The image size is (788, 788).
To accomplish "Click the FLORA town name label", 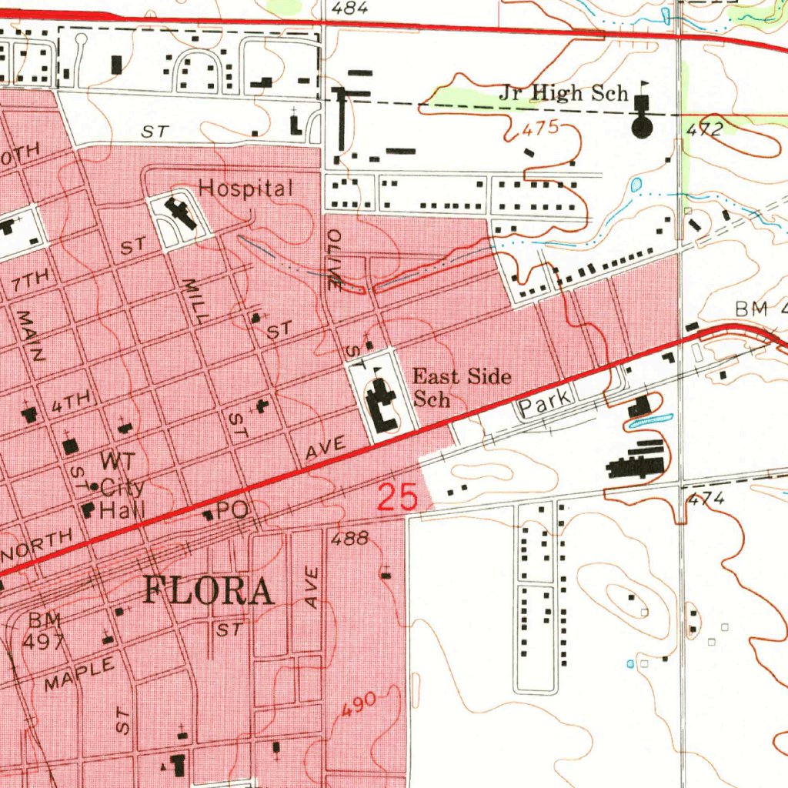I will point(209,592).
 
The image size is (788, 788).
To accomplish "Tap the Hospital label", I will point(245,189).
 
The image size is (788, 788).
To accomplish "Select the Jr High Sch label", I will point(563,94).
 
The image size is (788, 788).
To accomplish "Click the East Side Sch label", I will point(462,387).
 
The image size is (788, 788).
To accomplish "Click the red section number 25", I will point(398,497).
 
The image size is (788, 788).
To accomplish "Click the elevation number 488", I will point(350,539).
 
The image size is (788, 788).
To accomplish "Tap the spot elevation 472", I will point(703,130).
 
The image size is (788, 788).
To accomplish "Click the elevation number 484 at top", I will point(350,8).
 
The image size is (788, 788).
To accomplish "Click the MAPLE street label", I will point(79,673).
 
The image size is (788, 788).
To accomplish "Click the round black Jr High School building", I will point(641,125).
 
